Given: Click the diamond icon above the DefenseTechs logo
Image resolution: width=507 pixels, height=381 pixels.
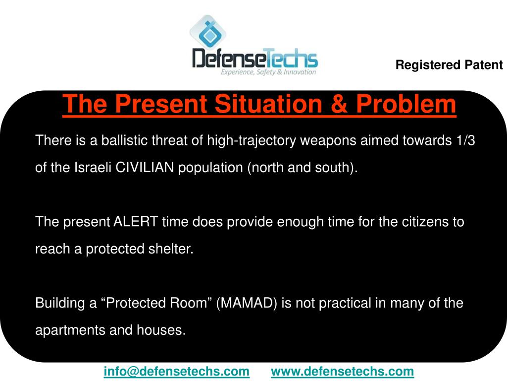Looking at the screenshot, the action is click(207, 32).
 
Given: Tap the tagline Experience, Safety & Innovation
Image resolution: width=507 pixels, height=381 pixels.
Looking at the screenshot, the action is click(268, 72).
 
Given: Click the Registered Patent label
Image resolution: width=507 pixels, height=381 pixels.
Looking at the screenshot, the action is click(449, 65).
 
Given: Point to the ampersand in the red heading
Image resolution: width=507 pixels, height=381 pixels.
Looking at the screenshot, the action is click(339, 104).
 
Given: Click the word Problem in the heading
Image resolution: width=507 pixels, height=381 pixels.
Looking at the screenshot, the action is click(406, 104).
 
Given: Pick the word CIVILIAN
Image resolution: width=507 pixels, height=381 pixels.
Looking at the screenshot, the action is click(145, 168).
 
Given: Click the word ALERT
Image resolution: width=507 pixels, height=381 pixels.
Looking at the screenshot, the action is click(136, 222).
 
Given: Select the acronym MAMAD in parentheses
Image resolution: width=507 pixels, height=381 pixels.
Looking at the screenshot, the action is click(247, 303).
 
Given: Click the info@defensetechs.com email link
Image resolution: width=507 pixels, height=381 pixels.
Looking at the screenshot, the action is click(177, 371).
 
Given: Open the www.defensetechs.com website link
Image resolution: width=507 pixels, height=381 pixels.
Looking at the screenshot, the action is click(343, 371).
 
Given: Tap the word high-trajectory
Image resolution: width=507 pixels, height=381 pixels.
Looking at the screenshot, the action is click(252, 141).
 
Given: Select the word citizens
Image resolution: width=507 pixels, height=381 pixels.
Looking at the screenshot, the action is click(425, 222).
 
